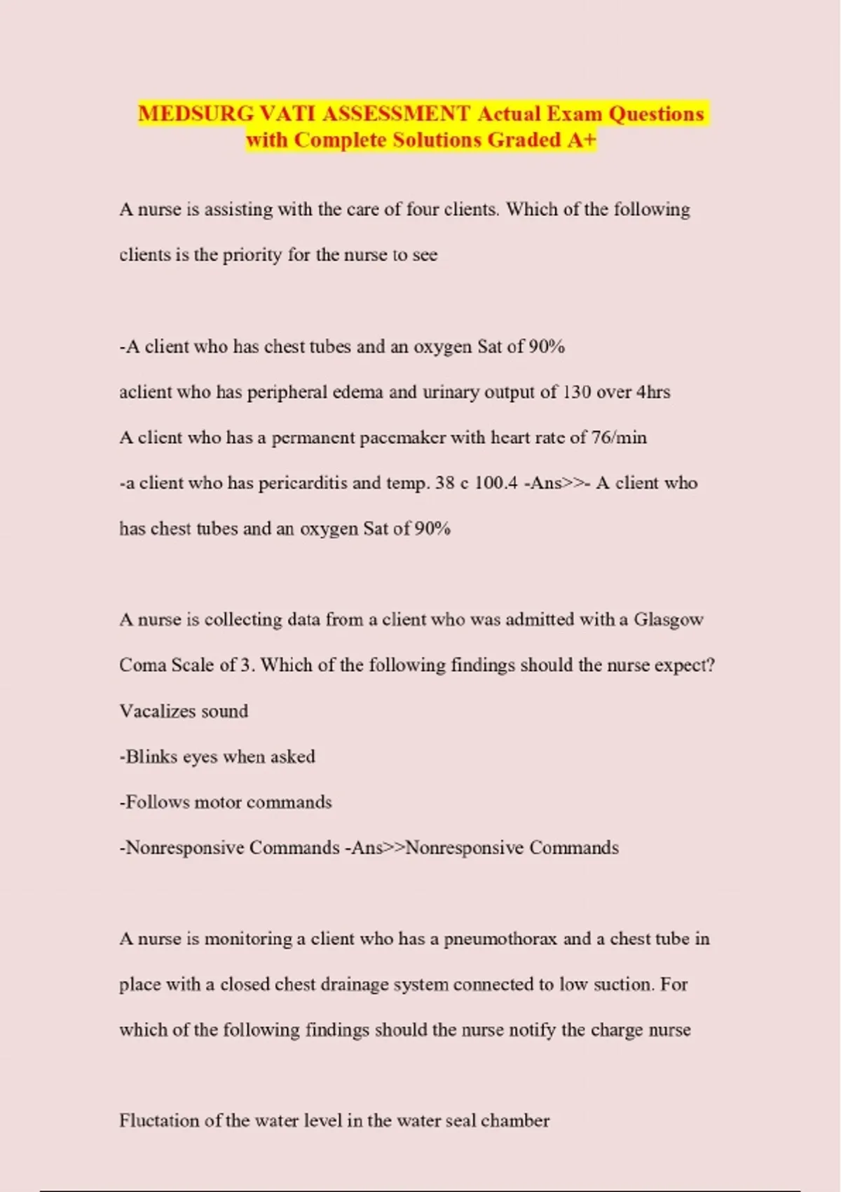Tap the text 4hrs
pyautogui.click(x=652, y=392)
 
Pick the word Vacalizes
pyautogui.click(x=148, y=711)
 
